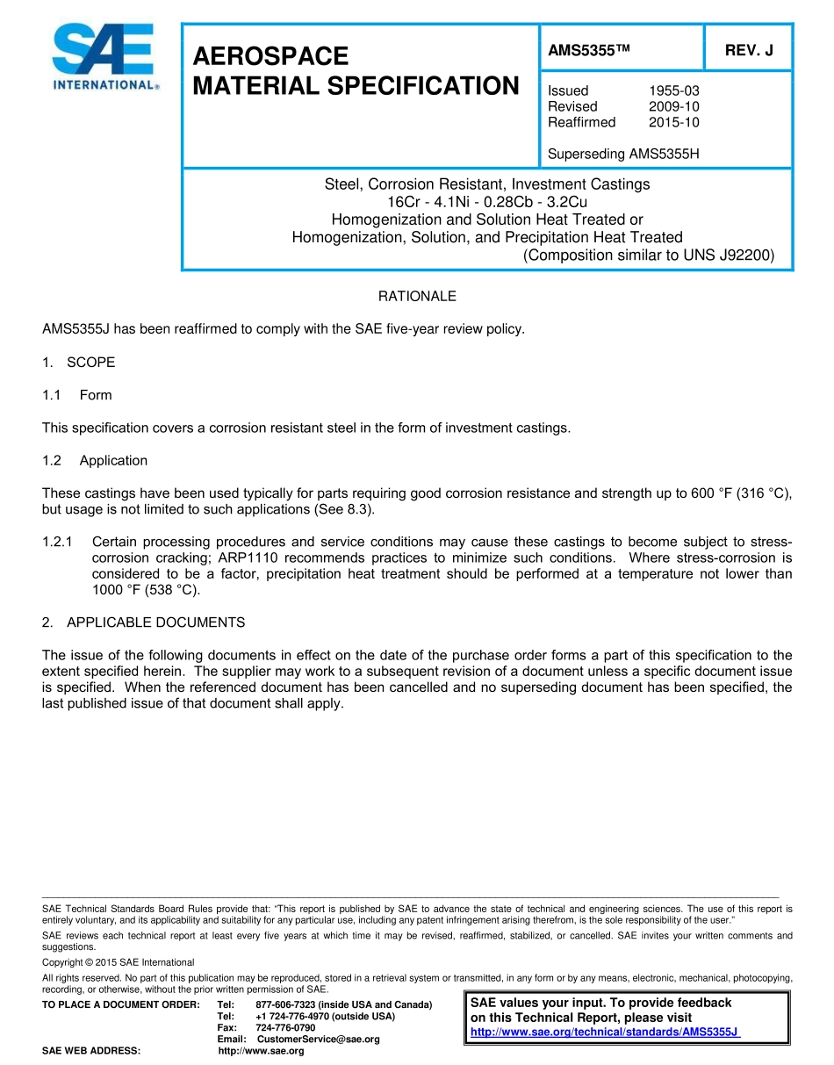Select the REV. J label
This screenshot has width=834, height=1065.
(x=748, y=51)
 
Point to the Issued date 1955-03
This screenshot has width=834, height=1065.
(x=673, y=90)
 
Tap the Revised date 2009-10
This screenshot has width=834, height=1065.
(x=673, y=106)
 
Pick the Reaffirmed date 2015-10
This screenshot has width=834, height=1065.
(x=673, y=122)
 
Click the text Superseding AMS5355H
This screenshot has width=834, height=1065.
(x=623, y=155)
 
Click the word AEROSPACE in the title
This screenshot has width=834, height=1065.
(x=270, y=56)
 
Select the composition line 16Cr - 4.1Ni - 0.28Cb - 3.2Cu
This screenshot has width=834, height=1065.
(x=487, y=202)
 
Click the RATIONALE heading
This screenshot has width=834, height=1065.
(x=417, y=297)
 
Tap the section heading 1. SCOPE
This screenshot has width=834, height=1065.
(x=79, y=363)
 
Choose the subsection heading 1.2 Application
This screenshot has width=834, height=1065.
(x=95, y=461)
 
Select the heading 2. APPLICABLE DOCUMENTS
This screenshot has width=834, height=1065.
(x=144, y=622)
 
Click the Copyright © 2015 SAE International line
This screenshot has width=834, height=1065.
(x=118, y=962)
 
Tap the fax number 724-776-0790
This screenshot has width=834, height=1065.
(x=285, y=1027)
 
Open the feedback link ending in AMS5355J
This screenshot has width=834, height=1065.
(x=605, y=1033)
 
